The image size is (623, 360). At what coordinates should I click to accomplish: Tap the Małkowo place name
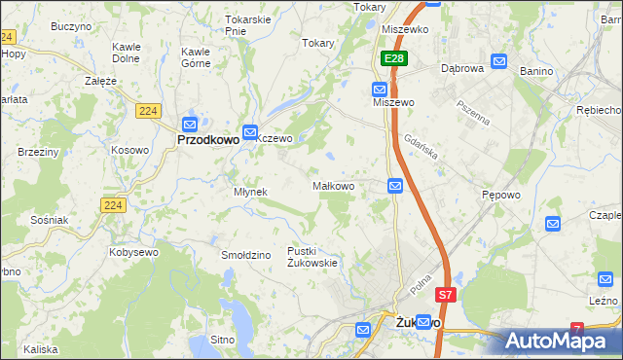[x=340, y=185]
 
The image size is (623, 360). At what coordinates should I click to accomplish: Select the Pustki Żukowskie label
[x=311, y=257]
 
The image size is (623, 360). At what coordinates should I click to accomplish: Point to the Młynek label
[x=250, y=192]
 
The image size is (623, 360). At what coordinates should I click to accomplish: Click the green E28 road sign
[x=393, y=59]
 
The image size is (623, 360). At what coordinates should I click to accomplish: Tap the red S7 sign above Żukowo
[x=445, y=294]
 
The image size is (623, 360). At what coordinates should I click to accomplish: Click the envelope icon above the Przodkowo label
[x=190, y=124]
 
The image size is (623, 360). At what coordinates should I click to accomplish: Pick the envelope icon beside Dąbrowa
[x=499, y=61]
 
